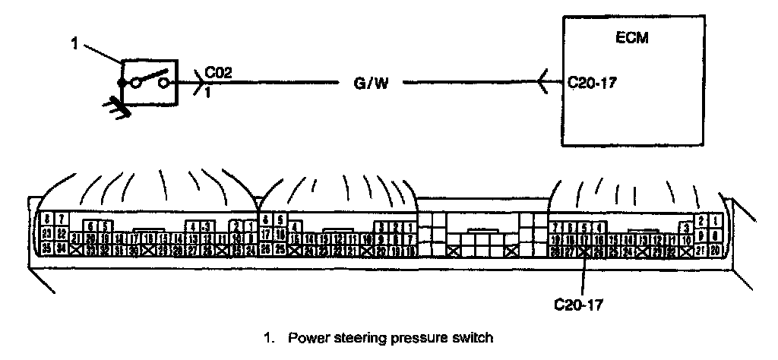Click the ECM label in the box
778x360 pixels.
pyautogui.click(x=633, y=37)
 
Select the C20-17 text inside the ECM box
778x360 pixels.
pyautogui.click(x=593, y=83)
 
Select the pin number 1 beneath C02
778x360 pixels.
pyautogui.click(x=207, y=93)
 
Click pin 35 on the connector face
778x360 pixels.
pyautogui.click(x=46, y=248)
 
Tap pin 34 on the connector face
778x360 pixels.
pyautogui.click(x=61, y=248)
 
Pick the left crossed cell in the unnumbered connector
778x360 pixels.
pyautogui.click(x=454, y=250)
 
